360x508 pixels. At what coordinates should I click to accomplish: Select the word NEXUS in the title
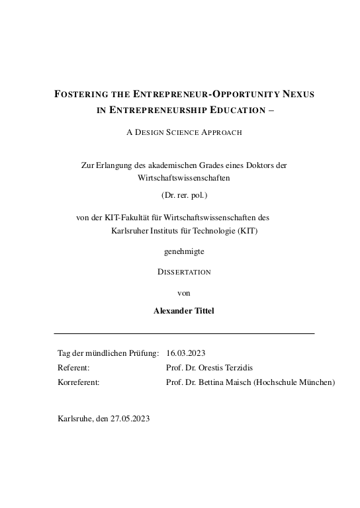pos(294,95)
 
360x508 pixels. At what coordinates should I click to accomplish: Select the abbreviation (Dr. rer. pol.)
pos(185,194)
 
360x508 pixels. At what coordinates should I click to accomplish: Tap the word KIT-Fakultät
pos(129,217)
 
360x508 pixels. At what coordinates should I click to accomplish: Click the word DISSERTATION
pos(184,272)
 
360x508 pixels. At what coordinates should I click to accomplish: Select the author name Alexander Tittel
pos(184,311)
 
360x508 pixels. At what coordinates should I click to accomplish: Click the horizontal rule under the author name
pos(184,333)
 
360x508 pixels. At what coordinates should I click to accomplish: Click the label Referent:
pos(73,368)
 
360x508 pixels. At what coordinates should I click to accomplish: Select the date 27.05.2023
pos(132,419)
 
